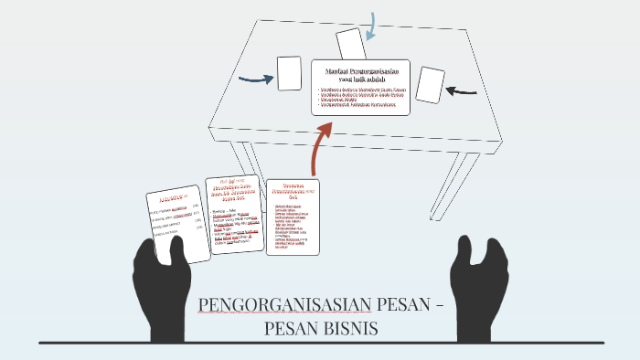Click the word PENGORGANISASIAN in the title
click(x=271, y=305)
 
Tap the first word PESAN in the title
click(x=384, y=305)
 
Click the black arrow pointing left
click(x=464, y=90)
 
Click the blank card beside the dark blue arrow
click(x=289, y=73)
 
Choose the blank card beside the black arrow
click(x=429, y=85)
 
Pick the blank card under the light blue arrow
click(x=350, y=43)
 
